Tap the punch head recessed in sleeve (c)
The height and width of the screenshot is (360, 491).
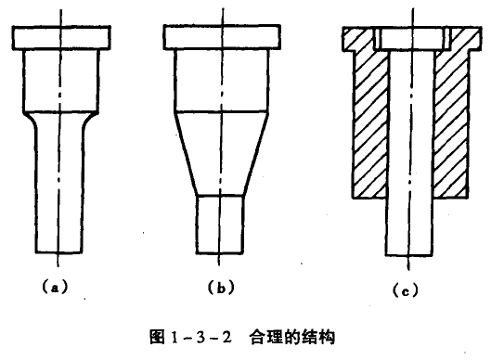pos(407,38)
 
